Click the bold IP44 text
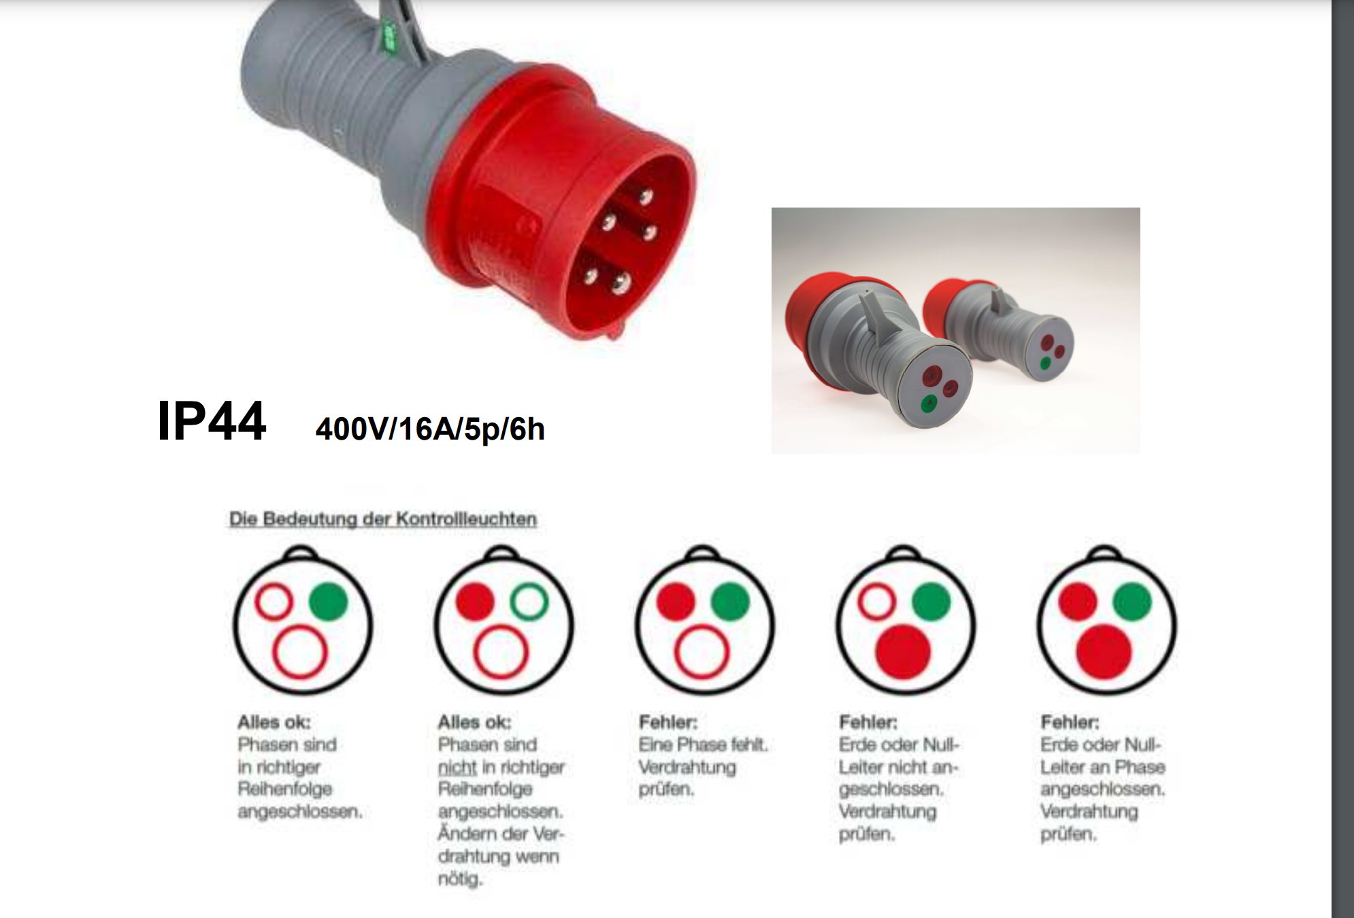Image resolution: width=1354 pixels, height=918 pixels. click(211, 421)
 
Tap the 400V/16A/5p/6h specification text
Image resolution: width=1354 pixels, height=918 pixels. click(430, 429)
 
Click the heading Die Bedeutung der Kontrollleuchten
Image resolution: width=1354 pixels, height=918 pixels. click(382, 519)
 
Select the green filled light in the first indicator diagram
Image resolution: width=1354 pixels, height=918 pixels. click(329, 601)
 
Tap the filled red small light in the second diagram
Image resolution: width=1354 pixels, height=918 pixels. click(475, 602)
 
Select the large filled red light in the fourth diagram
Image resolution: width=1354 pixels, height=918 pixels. click(903, 652)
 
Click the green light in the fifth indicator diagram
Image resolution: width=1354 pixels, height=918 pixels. click(1132, 602)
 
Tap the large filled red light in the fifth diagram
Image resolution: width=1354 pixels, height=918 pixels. click(1104, 652)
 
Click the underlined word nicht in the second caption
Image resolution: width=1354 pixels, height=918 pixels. click(457, 767)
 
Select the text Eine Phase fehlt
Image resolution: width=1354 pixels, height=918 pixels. click(704, 744)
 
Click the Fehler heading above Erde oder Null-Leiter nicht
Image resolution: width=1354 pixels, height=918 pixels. click(868, 721)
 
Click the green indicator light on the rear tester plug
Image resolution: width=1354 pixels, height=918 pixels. click(1045, 363)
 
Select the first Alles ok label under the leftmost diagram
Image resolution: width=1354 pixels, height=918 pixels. click(274, 721)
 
